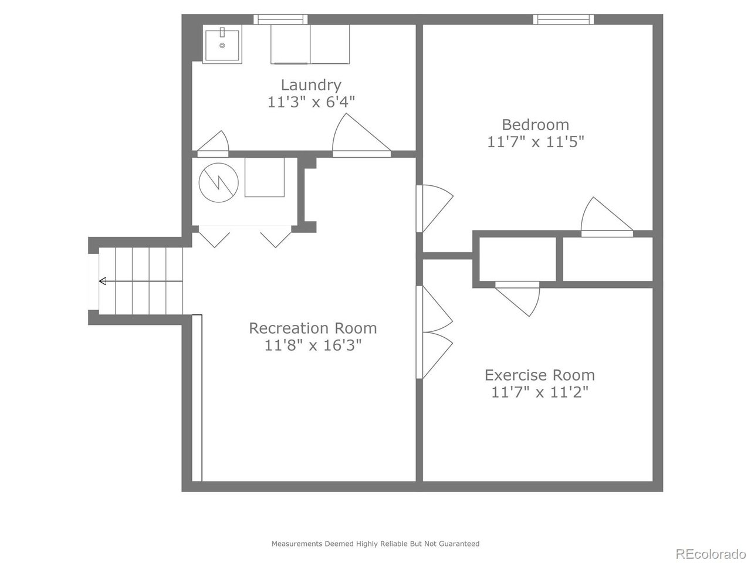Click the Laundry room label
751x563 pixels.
pyautogui.click(x=310, y=85)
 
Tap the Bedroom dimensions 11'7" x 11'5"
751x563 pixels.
pyautogui.click(x=535, y=142)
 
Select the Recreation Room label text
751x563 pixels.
pyautogui.click(x=313, y=328)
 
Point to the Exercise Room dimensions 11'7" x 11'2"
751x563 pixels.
pyautogui.click(x=540, y=392)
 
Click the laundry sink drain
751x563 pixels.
pyautogui.click(x=222, y=45)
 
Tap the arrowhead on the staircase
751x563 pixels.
pyautogui.click(x=102, y=281)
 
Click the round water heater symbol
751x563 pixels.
pyautogui.click(x=218, y=182)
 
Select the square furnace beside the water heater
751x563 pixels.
pyautogui.click(x=265, y=177)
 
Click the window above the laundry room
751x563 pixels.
pyautogui.click(x=280, y=19)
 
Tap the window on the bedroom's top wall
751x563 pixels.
pyautogui.click(x=563, y=19)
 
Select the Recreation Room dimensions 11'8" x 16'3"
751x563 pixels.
pyautogui.click(x=313, y=345)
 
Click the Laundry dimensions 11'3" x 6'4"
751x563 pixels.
pyautogui.click(x=310, y=102)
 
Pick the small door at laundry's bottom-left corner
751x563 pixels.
pyautogui.click(x=213, y=144)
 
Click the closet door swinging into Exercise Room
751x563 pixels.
pyautogui.click(x=517, y=299)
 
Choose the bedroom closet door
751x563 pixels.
pyautogui.click(x=607, y=217)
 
